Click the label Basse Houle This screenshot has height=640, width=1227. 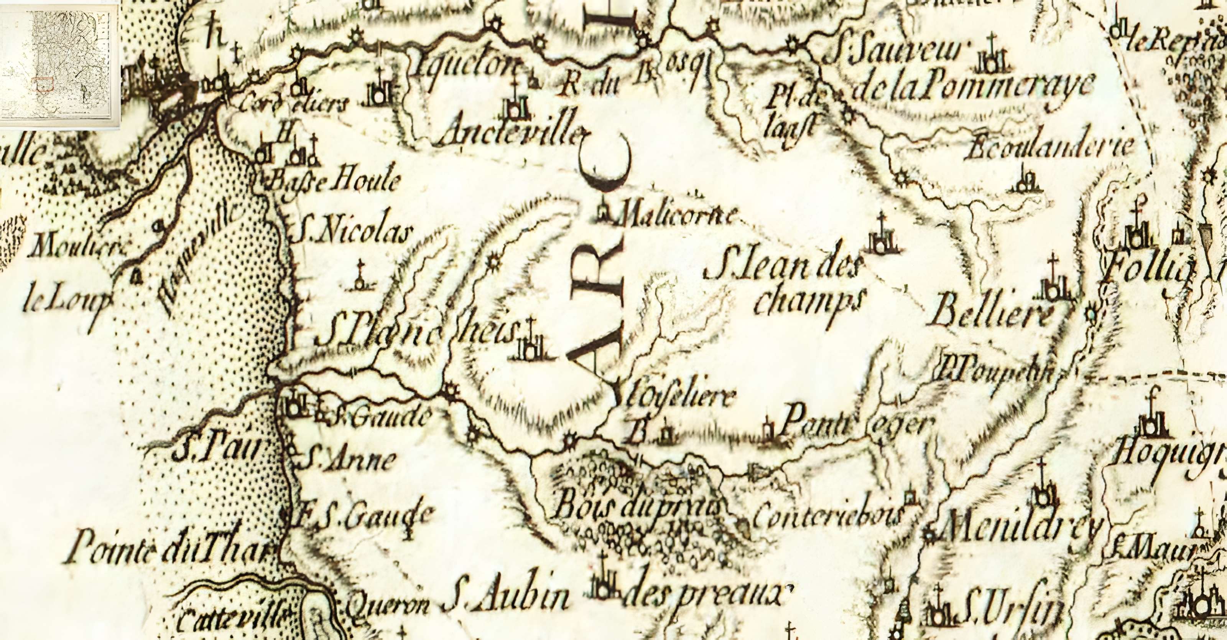(x=334, y=181)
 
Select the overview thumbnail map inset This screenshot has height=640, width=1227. (x=59, y=64)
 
